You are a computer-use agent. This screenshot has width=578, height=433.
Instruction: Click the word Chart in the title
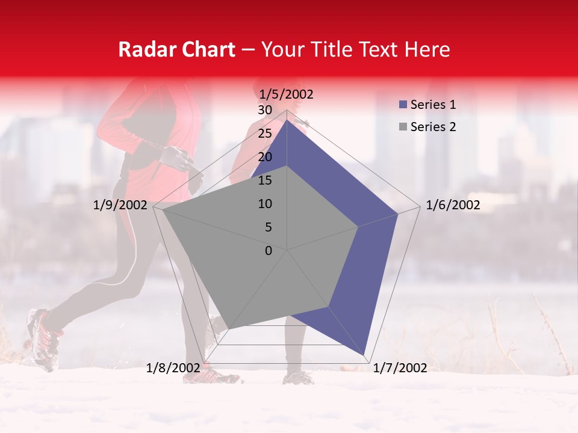(206, 49)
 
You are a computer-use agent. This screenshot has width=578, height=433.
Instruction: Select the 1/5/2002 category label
(287, 94)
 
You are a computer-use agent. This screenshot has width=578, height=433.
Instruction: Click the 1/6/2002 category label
(453, 205)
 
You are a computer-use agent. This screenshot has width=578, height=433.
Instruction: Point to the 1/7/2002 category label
(400, 368)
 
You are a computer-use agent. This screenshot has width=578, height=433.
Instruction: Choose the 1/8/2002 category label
(173, 368)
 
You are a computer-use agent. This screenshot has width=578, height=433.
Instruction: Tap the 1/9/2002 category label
(120, 205)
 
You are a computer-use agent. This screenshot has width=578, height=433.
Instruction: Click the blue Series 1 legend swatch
(403, 105)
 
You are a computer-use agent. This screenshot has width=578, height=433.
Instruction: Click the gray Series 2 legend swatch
(403, 127)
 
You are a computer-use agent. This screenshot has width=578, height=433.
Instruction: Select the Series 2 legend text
(432, 127)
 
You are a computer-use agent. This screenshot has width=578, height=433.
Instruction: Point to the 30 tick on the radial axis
(265, 110)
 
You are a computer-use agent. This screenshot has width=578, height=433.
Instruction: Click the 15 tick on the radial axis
(265, 180)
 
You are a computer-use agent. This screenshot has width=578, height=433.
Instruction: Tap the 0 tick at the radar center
(269, 250)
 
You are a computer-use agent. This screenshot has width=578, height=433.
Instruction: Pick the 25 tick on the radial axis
(265, 134)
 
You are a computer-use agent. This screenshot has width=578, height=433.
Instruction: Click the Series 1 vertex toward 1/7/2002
(365, 355)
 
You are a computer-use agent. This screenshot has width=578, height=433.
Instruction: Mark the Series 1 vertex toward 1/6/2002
(398, 213)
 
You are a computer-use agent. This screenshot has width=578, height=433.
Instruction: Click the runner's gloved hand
(175, 158)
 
